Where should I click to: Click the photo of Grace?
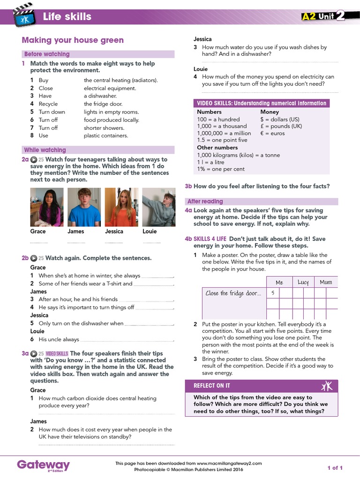pyautogui.click(x=46, y=207)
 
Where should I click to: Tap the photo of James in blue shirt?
pyautogui.click(x=84, y=207)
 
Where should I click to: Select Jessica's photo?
pyautogui.click(x=121, y=207)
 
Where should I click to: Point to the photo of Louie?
pyautogui.click(x=158, y=207)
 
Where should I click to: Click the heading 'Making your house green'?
pyautogui.click(x=73, y=40)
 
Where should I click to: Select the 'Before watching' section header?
pyautogui.click(x=47, y=54)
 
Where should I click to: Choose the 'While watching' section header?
pyautogui.click(x=45, y=150)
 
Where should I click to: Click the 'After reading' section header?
pyautogui.click(x=205, y=201)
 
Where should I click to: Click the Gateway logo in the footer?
pyautogui.click(x=43, y=465)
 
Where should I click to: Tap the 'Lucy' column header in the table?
pyautogui.click(x=303, y=282)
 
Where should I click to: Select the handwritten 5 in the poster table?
pyautogui.click(x=272, y=293)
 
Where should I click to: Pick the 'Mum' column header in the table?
pyautogui.click(x=326, y=282)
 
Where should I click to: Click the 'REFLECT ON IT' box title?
pyautogui.click(x=212, y=385)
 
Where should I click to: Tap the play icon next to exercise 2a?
pyautogui.click(x=34, y=159)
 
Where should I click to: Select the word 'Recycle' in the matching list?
pyautogui.click(x=48, y=104)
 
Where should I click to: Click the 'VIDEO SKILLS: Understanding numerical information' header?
pyautogui.click(x=261, y=103)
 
